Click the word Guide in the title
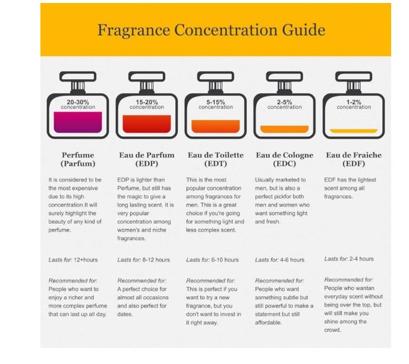pos(304,30)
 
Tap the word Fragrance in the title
pos(134,30)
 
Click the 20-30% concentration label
pos(78,104)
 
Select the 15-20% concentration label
pos(147,104)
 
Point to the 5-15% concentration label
pos(215,104)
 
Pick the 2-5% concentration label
pos(284,104)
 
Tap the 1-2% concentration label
pos(354,104)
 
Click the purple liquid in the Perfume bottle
pos(78,122)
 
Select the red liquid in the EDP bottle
pos(147,124)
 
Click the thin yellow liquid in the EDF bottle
pos(354,131)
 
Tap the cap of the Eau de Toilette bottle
pos(215,77)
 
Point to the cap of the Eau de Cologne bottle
pos(284,77)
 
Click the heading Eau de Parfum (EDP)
pos(147,159)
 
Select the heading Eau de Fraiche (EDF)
pos(354,159)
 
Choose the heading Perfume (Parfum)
pos(78,159)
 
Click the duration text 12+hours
pos(86,260)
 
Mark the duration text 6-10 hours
pos(225,260)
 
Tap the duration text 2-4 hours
pos(361,259)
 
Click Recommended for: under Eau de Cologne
pos(279,281)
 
